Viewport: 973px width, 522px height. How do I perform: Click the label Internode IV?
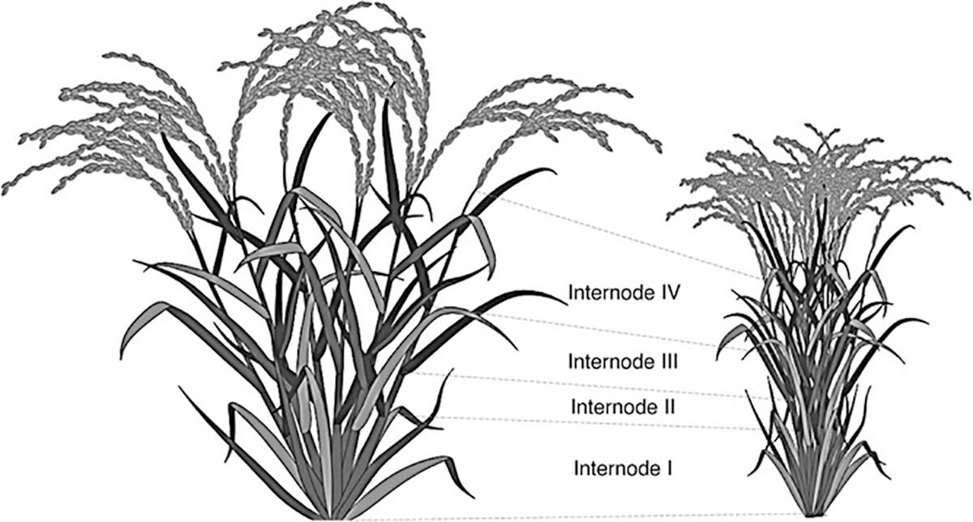point(622,291)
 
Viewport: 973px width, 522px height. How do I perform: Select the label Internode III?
point(623,359)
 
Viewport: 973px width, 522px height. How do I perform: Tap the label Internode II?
point(624,405)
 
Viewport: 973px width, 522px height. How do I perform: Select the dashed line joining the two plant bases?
point(568,516)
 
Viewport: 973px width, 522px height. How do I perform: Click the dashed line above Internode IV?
point(616,235)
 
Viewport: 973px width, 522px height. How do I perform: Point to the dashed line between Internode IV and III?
point(616,332)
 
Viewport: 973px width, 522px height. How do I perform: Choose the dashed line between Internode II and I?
point(600,424)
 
